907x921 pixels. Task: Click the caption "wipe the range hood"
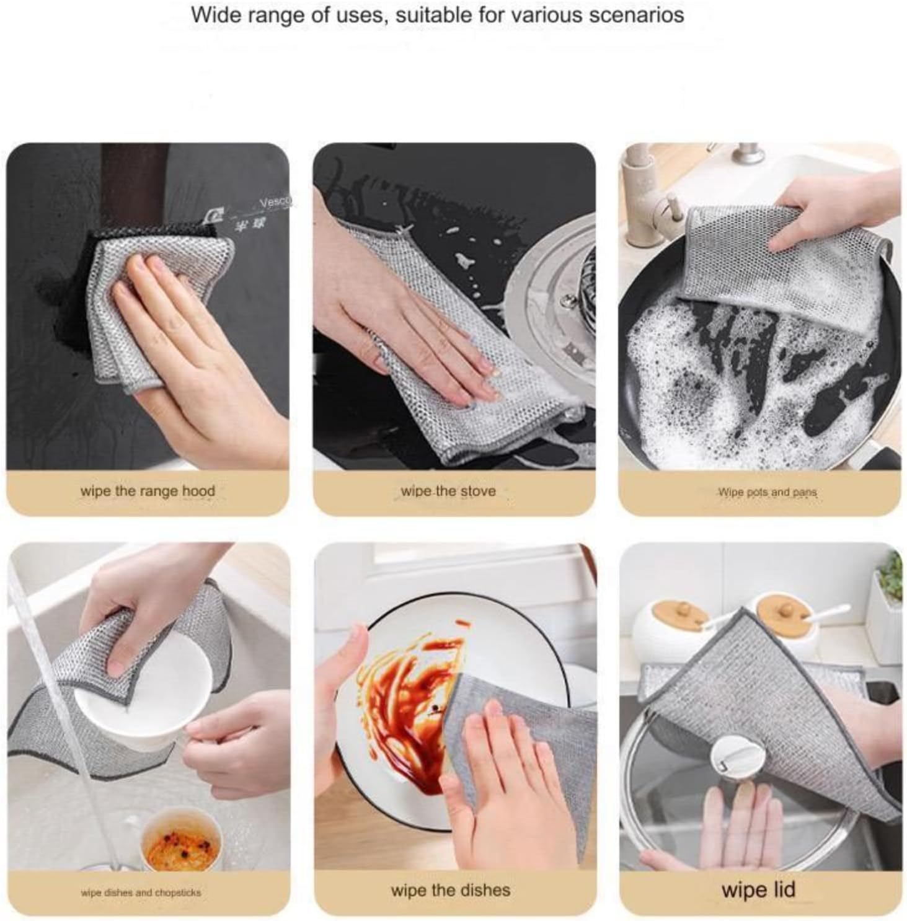pos(148,491)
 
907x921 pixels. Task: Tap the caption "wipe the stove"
pos(448,491)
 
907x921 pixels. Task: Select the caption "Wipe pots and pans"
pos(767,493)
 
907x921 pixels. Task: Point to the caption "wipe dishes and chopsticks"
pos(141,893)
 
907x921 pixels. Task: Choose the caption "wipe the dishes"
pos(451,891)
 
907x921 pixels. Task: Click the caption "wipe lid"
pos(758,890)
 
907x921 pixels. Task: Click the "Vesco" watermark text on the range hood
pos(275,202)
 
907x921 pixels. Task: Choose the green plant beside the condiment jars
pos(890,576)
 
